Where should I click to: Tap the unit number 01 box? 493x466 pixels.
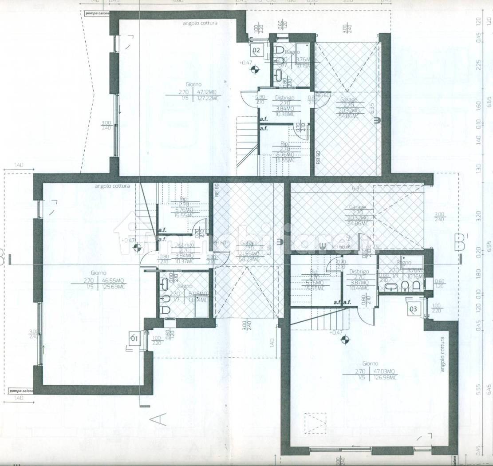click(134, 339)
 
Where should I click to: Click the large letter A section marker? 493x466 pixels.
click(159, 419)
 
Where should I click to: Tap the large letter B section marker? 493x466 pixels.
click(460, 241)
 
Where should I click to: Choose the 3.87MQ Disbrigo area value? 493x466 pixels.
click(359, 283)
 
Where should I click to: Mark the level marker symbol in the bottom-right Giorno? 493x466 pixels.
click(343, 341)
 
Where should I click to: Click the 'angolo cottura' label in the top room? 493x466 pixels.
click(200, 23)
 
